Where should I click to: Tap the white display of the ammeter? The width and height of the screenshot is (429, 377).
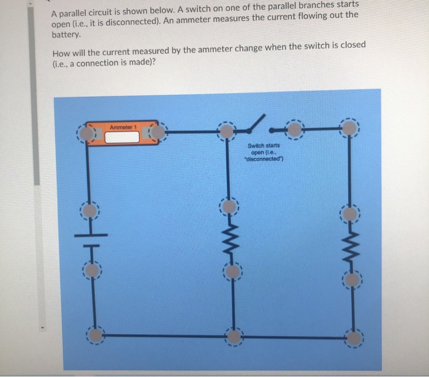point(122,136)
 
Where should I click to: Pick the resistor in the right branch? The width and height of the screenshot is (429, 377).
point(351,248)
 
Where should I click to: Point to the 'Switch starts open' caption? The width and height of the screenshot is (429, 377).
point(264,151)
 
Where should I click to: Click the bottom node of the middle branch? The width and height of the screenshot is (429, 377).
point(233,335)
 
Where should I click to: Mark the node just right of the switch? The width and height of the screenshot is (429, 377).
point(295,129)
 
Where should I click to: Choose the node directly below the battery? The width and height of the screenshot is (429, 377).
point(90,269)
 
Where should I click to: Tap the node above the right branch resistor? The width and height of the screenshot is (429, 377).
point(349,214)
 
